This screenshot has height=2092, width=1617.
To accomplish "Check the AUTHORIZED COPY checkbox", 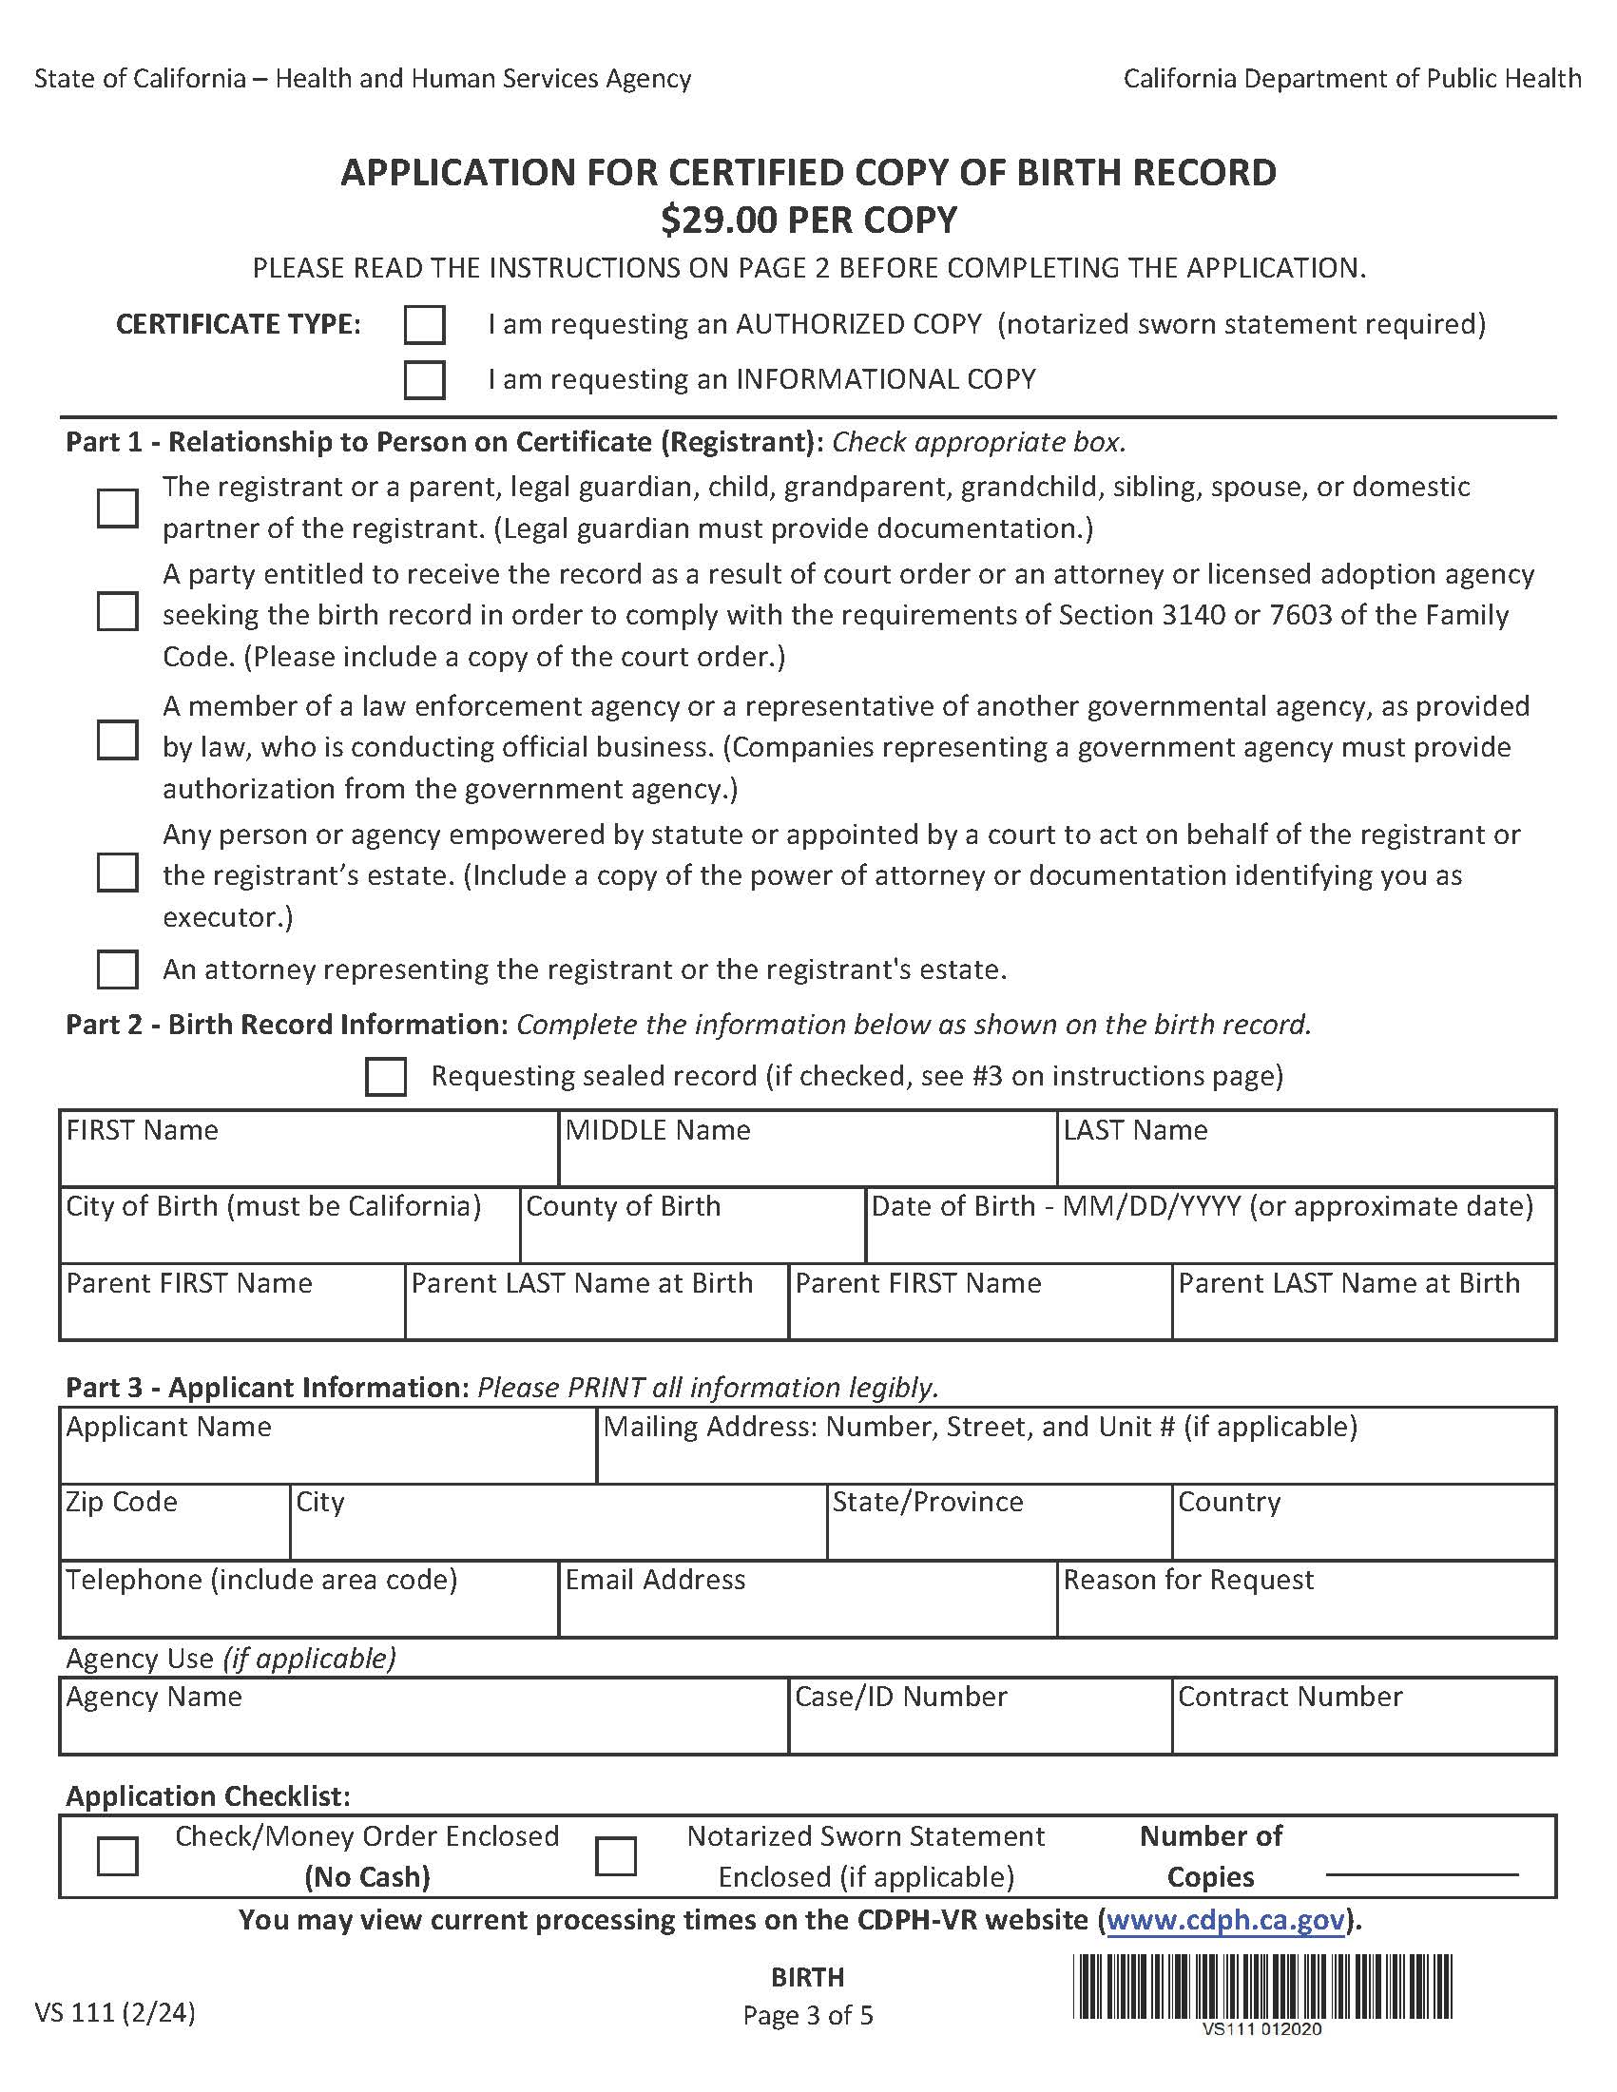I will pos(423,325).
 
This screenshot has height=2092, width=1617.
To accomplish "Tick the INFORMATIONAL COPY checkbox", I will pos(423,379).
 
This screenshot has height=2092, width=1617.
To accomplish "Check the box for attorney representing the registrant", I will pos(117,969).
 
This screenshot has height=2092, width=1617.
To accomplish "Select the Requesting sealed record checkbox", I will pos(385,1076).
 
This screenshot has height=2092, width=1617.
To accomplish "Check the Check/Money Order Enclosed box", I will pos(117,1856).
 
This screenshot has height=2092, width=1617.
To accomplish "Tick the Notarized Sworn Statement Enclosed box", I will pos(615,1856).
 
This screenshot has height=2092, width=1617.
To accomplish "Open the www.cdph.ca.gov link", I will pos(1225,1921).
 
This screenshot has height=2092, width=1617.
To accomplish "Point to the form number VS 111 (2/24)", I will pos(115,2012).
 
